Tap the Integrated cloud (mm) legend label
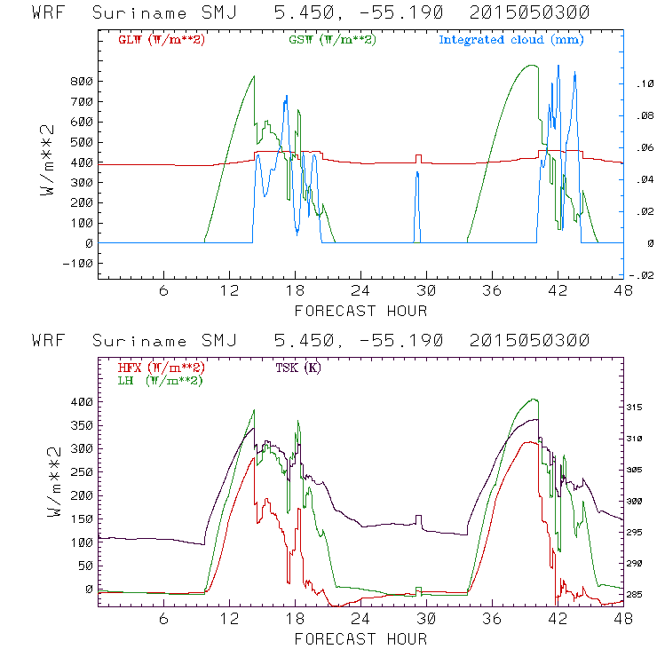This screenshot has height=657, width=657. click(x=511, y=40)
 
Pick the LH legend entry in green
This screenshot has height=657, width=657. click(x=161, y=380)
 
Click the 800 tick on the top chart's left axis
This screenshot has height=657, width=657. click(x=82, y=82)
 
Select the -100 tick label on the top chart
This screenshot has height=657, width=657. click(x=77, y=264)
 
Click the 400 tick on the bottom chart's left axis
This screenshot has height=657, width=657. click(x=82, y=401)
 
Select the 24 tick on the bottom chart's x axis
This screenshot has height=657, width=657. click(x=360, y=619)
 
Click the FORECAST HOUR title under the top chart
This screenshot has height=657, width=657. click(x=360, y=311)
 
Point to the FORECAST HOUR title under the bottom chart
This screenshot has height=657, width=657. click(x=360, y=638)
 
